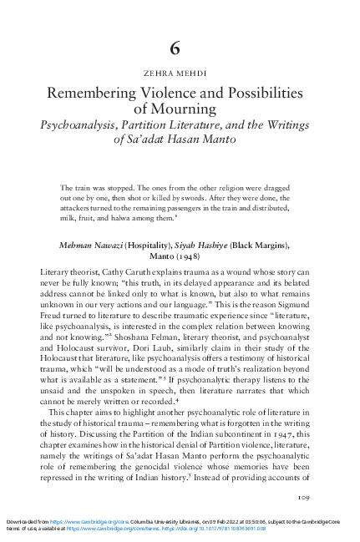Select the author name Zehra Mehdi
click(180, 73)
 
